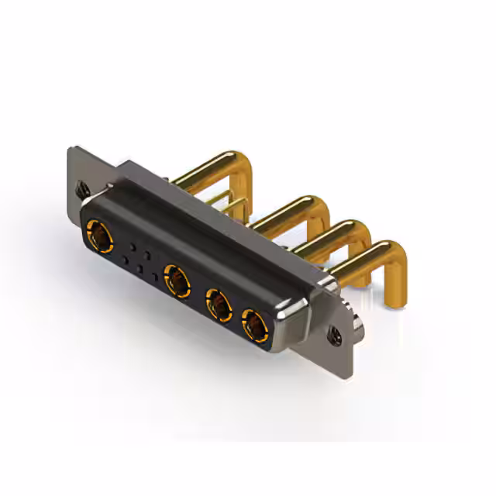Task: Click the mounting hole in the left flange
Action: coord(81,187)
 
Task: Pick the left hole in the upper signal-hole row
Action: coord(133,246)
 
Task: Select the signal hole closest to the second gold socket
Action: coord(155,274)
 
